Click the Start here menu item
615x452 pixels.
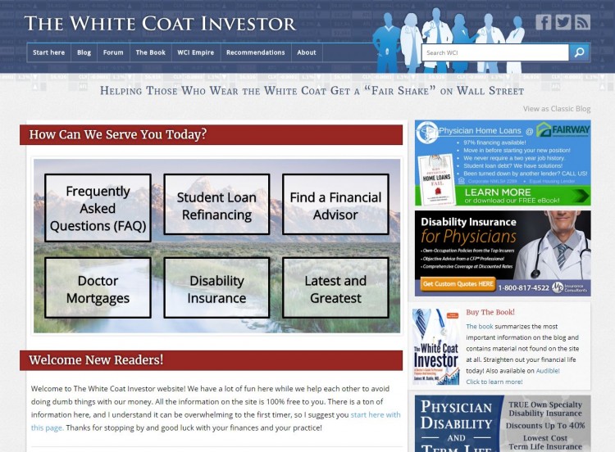(x=48, y=52)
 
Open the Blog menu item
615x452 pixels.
(x=84, y=52)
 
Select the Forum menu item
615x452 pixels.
(x=113, y=52)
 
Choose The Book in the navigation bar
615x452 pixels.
(x=150, y=52)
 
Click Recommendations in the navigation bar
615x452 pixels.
(x=255, y=52)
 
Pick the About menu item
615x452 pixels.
(x=307, y=52)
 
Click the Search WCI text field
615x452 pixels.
(x=494, y=52)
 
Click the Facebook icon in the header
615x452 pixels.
(x=544, y=22)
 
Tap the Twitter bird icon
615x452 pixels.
(x=563, y=22)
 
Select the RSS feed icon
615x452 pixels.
(x=582, y=22)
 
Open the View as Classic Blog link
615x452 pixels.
(x=556, y=108)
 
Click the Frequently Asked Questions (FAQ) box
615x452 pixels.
(x=98, y=208)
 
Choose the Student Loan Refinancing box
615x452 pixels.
(x=216, y=206)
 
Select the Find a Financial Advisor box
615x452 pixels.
(x=335, y=206)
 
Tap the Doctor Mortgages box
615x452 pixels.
(x=98, y=288)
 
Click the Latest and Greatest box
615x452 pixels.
(x=335, y=288)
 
